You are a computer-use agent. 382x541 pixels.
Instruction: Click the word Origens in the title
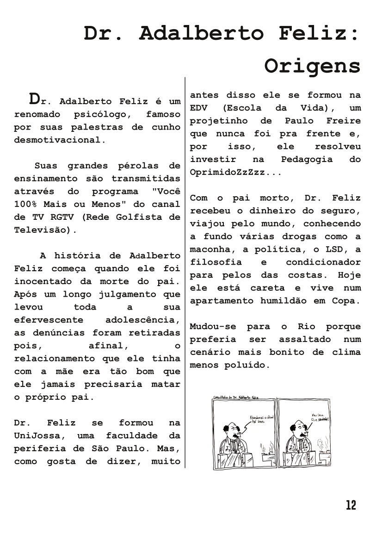tap(312, 66)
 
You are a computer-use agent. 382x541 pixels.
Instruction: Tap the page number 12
tap(351, 505)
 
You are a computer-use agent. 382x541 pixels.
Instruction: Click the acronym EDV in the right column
tap(200, 108)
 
